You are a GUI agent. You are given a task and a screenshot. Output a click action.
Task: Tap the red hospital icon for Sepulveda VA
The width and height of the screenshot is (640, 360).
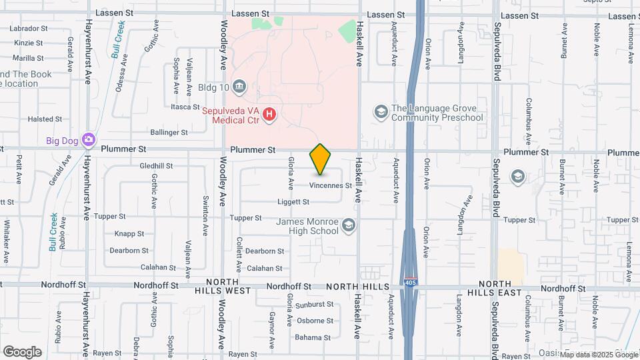click(269, 115)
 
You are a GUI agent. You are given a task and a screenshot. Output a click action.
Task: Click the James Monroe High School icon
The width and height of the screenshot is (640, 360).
click(348, 226)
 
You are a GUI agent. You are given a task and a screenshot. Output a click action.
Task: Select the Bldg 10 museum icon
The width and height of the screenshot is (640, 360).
click(239, 87)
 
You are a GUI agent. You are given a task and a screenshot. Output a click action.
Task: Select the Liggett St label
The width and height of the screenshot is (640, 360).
click(293, 201)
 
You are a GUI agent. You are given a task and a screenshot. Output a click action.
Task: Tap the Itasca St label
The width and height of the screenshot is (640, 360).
click(185, 107)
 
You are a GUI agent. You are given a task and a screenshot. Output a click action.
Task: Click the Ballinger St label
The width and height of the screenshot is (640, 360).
click(169, 133)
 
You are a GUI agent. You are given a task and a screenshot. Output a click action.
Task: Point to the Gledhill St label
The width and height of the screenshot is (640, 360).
click(157, 165)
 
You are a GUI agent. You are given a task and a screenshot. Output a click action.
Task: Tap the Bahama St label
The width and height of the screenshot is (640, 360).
click(313, 337)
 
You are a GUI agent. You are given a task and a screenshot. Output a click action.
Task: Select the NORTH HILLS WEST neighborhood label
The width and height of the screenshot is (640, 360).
click(223, 287)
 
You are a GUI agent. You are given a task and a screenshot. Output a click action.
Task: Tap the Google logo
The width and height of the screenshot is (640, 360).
click(22, 352)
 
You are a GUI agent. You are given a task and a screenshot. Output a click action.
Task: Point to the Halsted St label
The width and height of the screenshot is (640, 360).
click(45, 119)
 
